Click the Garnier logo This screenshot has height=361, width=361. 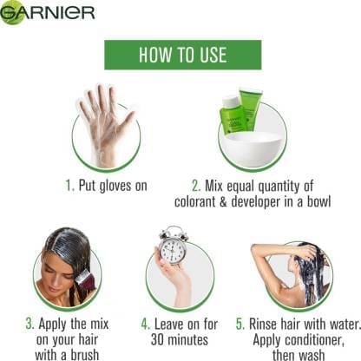coord(48,12)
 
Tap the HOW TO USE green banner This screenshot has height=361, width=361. coord(183,55)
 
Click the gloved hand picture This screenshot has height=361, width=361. coord(107,125)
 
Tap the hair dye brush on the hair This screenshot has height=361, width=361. coord(85,278)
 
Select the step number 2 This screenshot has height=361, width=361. coord(196,186)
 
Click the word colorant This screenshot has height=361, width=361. coord(195,201)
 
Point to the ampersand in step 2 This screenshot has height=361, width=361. coord(223,202)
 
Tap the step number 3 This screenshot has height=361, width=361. coord(30,324)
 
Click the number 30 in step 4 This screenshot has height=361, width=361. coord(158,339)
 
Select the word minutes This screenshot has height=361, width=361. coord(188,339)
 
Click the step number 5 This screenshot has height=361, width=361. coord(240,324)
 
